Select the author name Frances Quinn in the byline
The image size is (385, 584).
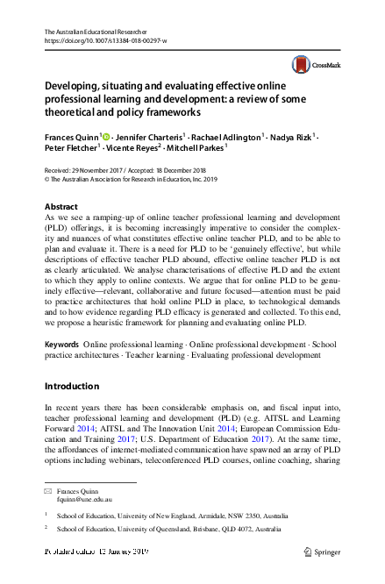(73, 137)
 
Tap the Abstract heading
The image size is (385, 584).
(61, 205)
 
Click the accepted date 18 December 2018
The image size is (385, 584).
(195, 169)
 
